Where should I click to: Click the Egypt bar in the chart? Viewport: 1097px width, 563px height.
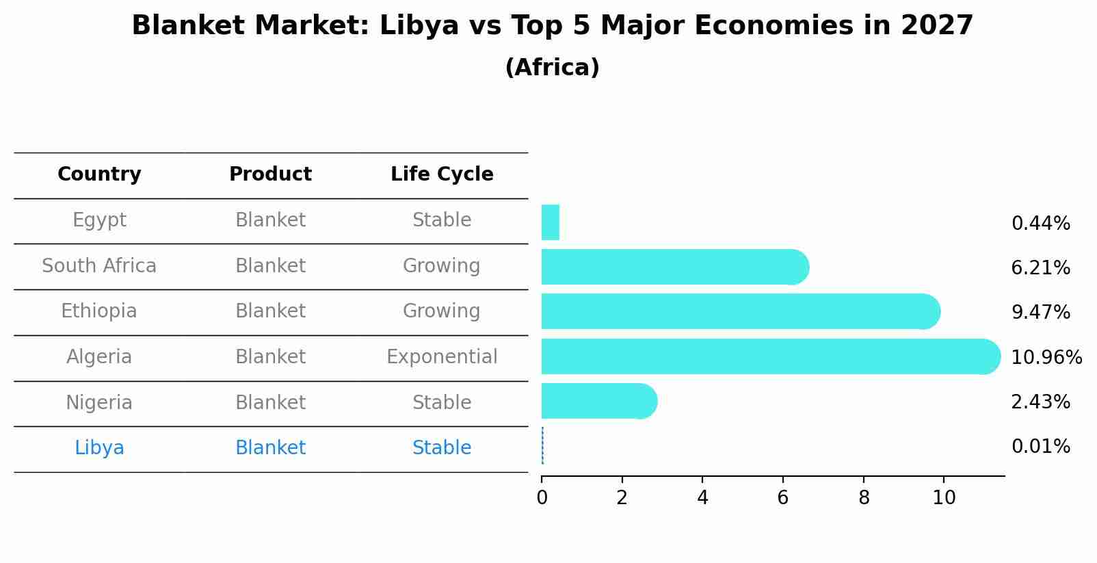(551, 222)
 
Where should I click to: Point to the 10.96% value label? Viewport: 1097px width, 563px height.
(1046, 357)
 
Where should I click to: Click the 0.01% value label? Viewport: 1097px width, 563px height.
(1040, 447)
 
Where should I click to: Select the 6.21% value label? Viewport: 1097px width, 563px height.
(1040, 267)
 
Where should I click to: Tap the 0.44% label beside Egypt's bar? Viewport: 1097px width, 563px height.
(1040, 223)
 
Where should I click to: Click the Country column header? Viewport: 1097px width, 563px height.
(99, 174)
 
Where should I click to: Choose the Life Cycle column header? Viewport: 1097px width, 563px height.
(442, 174)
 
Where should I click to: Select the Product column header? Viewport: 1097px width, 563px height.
(270, 174)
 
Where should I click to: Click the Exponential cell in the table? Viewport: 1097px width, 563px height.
(442, 357)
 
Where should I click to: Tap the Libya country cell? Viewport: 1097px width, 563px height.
(99, 448)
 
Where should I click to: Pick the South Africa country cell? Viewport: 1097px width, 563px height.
(99, 265)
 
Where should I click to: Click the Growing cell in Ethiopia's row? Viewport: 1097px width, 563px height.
(442, 311)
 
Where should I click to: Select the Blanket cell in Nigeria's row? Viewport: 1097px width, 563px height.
(270, 402)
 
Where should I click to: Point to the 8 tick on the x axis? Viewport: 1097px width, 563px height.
(864, 497)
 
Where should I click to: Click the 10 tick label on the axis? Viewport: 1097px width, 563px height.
(944, 497)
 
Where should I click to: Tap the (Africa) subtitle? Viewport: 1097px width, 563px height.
(552, 68)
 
